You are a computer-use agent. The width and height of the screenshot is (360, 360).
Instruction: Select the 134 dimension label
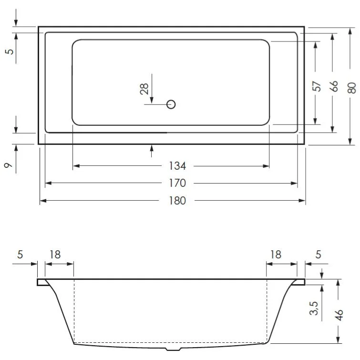(177, 166)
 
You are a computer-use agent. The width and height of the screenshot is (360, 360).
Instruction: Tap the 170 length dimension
(177, 183)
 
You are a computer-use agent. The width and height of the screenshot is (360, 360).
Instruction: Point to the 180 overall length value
(177, 201)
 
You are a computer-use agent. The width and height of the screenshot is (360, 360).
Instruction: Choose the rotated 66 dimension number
(333, 86)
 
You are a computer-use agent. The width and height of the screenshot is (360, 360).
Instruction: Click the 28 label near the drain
(144, 89)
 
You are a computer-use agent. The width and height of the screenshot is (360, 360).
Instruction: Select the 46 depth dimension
(339, 315)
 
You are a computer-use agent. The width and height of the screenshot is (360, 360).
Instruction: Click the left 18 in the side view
(55, 255)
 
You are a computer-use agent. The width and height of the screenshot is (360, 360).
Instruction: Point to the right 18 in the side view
(276, 255)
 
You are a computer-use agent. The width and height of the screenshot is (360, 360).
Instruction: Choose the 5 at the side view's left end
(20, 255)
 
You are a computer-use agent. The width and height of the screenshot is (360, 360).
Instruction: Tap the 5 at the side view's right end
(318, 255)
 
